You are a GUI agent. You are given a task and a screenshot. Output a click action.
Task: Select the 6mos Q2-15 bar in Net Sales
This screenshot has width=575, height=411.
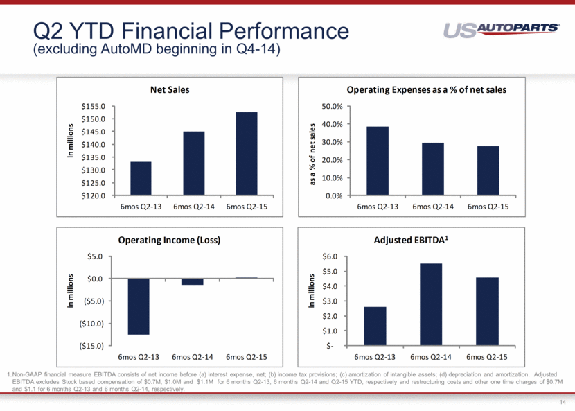(x=246, y=154)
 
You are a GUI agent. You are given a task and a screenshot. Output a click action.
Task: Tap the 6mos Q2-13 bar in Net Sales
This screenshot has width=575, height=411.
(x=141, y=179)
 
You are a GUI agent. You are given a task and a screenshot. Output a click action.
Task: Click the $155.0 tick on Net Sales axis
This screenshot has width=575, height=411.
(x=94, y=107)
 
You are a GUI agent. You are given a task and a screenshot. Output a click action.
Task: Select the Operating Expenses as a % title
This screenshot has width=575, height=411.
(x=425, y=90)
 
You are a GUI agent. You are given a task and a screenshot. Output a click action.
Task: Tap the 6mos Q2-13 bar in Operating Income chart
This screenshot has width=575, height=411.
(x=139, y=306)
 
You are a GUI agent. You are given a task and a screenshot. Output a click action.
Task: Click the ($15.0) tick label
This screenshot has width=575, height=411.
(x=91, y=346)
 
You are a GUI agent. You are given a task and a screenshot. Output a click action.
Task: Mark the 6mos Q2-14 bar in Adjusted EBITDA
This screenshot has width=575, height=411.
(x=430, y=304)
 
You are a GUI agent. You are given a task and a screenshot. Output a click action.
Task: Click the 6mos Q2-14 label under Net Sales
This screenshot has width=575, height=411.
(x=193, y=207)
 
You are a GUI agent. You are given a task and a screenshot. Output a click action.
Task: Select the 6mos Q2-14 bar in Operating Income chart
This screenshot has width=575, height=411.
(x=193, y=282)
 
